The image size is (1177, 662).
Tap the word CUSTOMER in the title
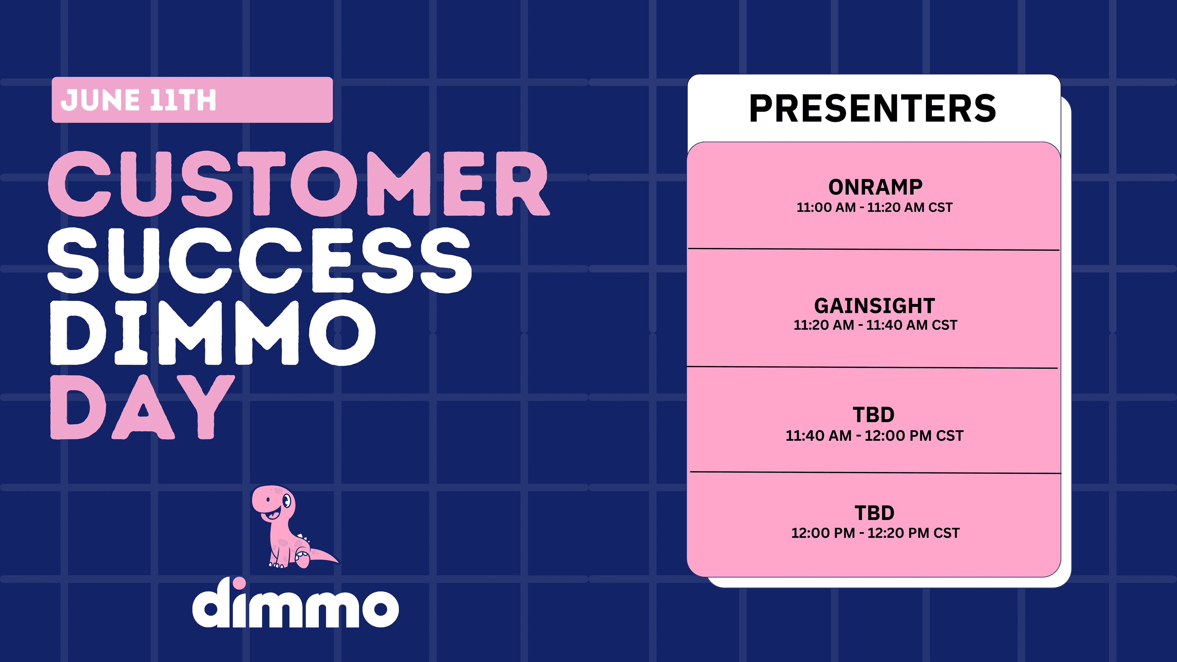tap(299, 184)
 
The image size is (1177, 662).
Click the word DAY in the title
tap(143, 407)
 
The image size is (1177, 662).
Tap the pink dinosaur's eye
tap(287, 501)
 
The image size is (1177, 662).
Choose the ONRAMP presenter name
tap(875, 187)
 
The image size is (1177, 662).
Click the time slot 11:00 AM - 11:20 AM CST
tap(874, 207)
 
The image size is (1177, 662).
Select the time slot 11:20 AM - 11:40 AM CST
tap(875, 325)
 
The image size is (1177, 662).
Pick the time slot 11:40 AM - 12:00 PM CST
tap(874, 436)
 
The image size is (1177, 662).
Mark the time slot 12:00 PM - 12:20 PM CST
tap(875, 533)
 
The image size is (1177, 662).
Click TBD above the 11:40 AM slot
tap(874, 415)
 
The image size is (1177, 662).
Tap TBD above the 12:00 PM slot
tap(874, 513)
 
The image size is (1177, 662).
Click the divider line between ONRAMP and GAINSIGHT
tap(874, 249)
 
